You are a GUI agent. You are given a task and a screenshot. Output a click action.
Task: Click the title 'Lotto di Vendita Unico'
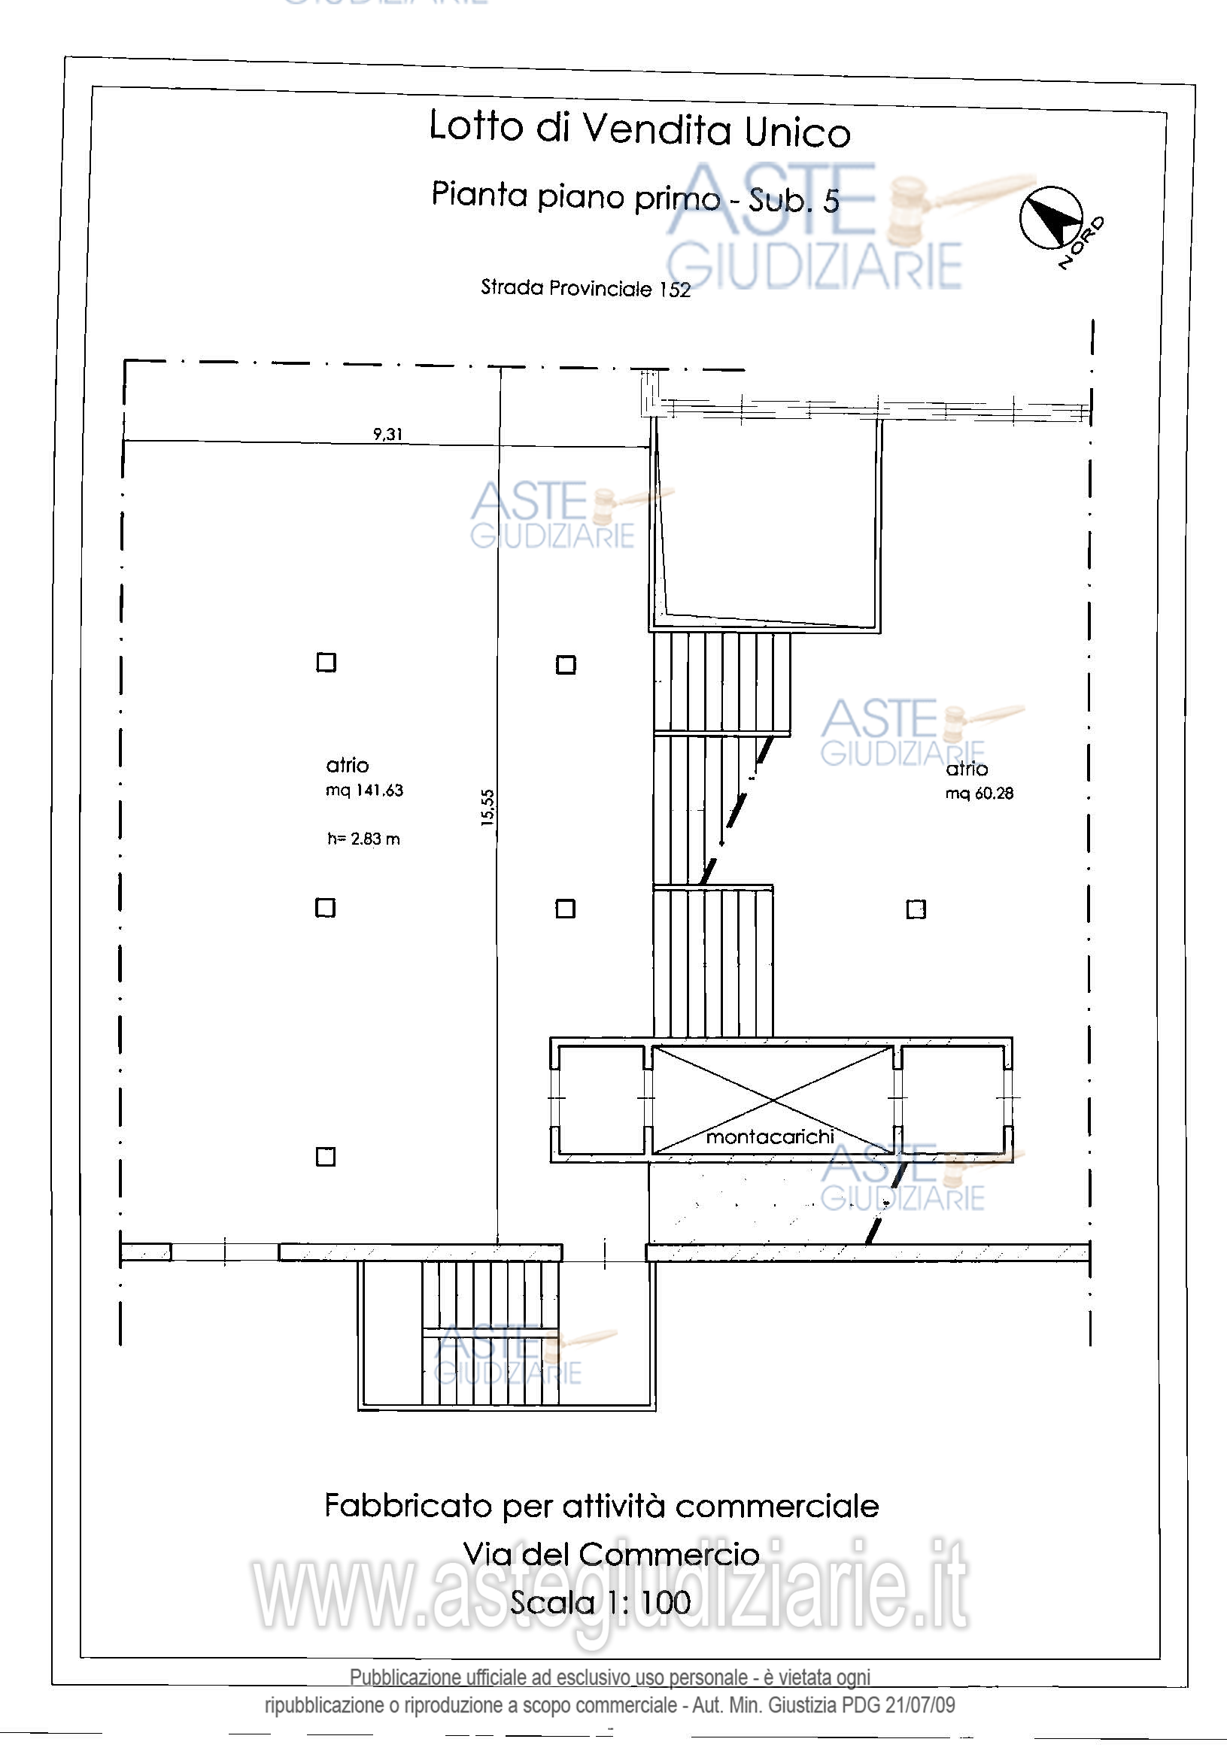pyautogui.click(x=639, y=129)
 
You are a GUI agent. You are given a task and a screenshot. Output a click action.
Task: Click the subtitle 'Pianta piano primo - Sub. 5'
pyautogui.click(x=636, y=197)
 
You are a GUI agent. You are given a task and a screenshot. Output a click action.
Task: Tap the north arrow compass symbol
pyautogui.click(x=1052, y=217)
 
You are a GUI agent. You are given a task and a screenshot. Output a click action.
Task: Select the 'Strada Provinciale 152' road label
pyautogui.click(x=585, y=288)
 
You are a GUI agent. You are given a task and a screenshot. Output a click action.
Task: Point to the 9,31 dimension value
pyautogui.click(x=387, y=434)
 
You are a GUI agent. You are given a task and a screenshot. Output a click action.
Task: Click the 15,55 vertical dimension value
pyautogui.click(x=487, y=807)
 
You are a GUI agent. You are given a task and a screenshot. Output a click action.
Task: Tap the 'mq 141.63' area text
pyautogui.click(x=364, y=791)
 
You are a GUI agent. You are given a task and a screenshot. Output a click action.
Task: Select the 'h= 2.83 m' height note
pyautogui.click(x=363, y=839)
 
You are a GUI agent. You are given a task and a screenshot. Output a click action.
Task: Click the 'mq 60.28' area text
pyautogui.click(x=979, y=794)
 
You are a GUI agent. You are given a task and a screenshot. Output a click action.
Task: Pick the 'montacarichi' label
pyautogui.click(x=770, y=1137)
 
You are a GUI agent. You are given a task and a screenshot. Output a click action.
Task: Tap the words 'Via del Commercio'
pyautogui.click(x=611, y=1554)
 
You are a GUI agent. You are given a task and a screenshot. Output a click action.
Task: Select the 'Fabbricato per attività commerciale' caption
pyautogui.click(x=601, y=1506)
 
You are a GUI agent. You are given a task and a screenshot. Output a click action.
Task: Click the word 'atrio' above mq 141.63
pyautogui.click(x=348, y=765)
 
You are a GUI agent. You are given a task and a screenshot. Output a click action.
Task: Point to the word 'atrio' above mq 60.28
pyautogui.click(x=966, y=769)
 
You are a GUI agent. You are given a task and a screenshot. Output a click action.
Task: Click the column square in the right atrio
pyautogui.click(x=916, y=909)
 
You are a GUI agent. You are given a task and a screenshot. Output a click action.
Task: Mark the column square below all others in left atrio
pyautogui.click(x=326, y=1157)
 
